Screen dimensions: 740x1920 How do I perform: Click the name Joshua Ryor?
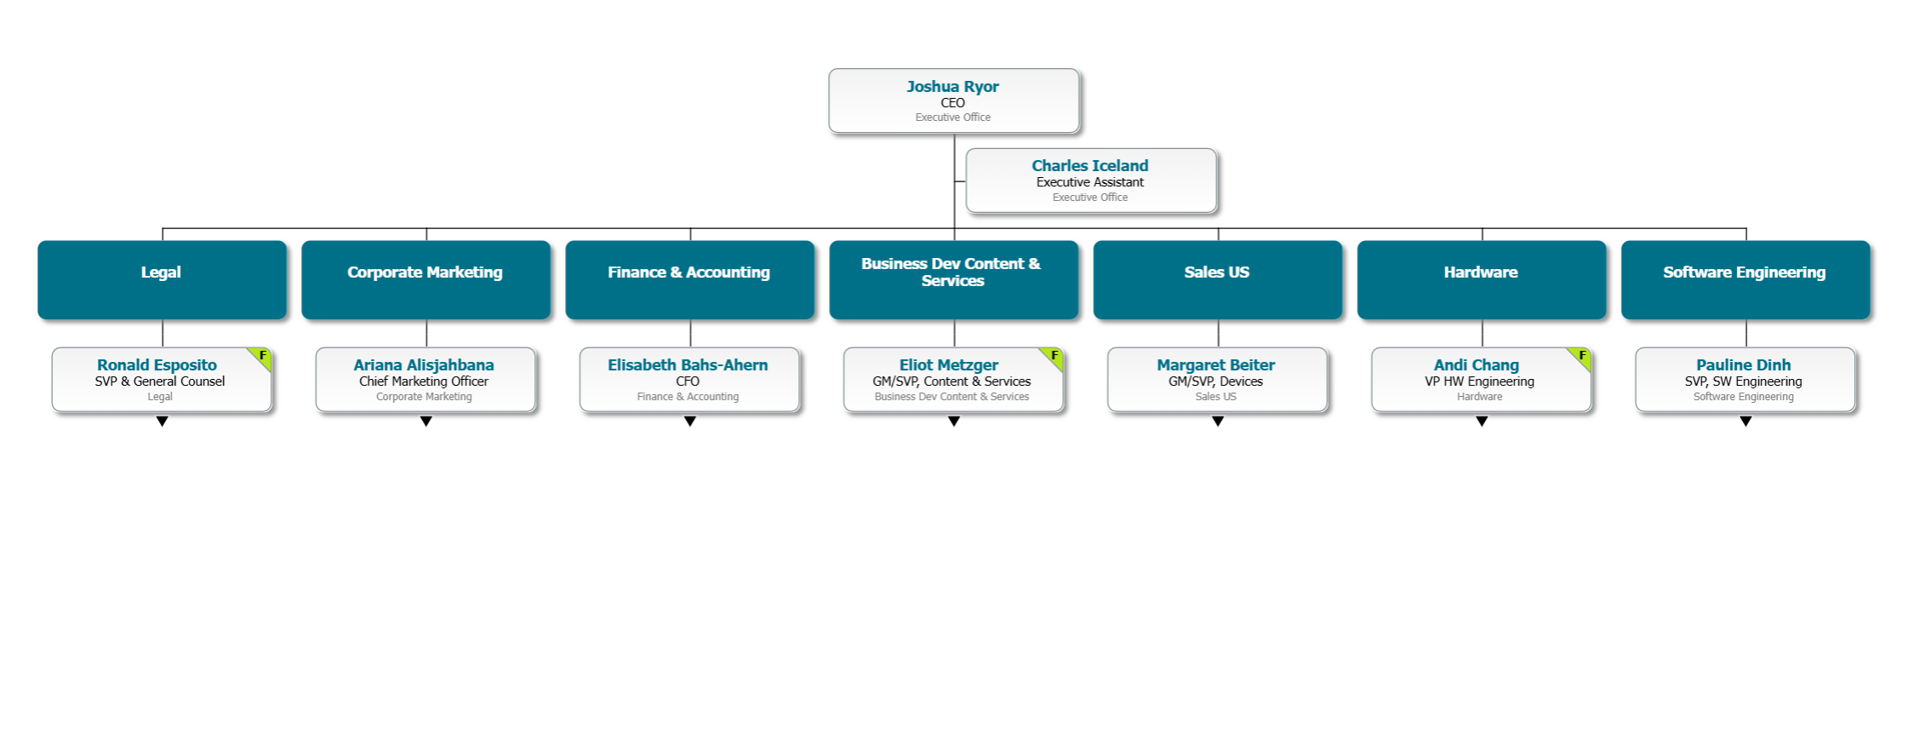pos(952,87)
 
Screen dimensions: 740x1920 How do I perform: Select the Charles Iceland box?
pos(1090,181)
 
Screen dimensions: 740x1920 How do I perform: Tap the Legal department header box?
pos(162,279)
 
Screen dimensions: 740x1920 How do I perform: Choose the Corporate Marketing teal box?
pos(426,279)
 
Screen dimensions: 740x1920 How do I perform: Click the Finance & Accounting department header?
pos(689,279)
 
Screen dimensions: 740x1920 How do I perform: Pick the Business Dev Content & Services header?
pos(953,279)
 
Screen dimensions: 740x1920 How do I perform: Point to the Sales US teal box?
pos(1217,279)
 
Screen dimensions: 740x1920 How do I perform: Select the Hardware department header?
pos(1481,279)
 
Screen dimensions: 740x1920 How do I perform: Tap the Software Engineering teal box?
pos(1745,279)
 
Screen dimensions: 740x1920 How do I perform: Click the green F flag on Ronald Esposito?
pos(262,356)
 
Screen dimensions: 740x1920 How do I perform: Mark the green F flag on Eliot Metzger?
pos(1054,356)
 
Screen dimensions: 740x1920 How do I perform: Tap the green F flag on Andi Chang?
pos(1581,356)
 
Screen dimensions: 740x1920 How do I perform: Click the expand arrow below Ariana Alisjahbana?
pos(426,422)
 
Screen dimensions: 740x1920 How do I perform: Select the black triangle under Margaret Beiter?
pos(1218,422)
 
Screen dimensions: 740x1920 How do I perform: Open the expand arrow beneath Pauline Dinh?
pos(1746,422)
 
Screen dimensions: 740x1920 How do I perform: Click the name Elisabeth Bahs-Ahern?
pos(688,365)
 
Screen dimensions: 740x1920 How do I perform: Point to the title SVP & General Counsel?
pos(160,381)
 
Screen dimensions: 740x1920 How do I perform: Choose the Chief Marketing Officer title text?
pos(424,381)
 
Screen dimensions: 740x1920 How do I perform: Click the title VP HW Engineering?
pos(1479,381)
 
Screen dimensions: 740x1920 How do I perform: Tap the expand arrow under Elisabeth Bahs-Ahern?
pos(690,422)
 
